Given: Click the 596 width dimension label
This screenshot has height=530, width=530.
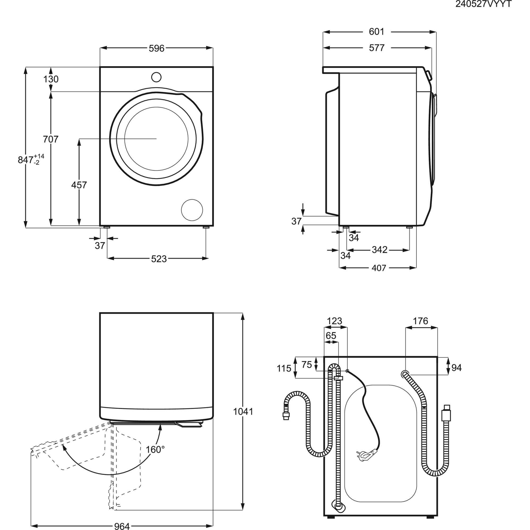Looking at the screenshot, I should click(x=156, y=48).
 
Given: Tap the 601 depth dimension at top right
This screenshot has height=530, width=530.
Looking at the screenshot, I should click(x=376, y=32).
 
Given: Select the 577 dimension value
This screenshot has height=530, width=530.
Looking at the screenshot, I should click(x=376, y=48).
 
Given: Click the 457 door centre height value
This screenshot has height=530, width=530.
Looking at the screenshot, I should click(x=79, y=185).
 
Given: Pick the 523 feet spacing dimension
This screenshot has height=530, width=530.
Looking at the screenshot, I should click(x=159, y=259).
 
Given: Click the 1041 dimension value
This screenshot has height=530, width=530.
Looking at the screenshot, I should click(x=243, y=412).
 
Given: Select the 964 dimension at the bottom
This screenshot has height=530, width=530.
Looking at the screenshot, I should click(x=122, y=525).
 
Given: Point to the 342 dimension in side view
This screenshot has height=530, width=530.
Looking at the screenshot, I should click(x=379, y=250).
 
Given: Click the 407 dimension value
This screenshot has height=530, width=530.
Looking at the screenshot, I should click(x=379, y=268).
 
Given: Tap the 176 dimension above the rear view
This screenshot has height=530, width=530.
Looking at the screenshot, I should click(x=420, y=321).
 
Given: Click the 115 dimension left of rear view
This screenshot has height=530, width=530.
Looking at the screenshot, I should click(x=284, y=368).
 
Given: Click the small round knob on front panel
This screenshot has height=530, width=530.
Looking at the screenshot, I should click(x=156, y=77).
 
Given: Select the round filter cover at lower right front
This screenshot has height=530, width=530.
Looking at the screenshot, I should click(x=192, y=210).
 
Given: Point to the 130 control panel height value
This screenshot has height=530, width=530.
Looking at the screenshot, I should click(x=51, y=79).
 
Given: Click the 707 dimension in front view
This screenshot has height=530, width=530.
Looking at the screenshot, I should click(x=51, y=139).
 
